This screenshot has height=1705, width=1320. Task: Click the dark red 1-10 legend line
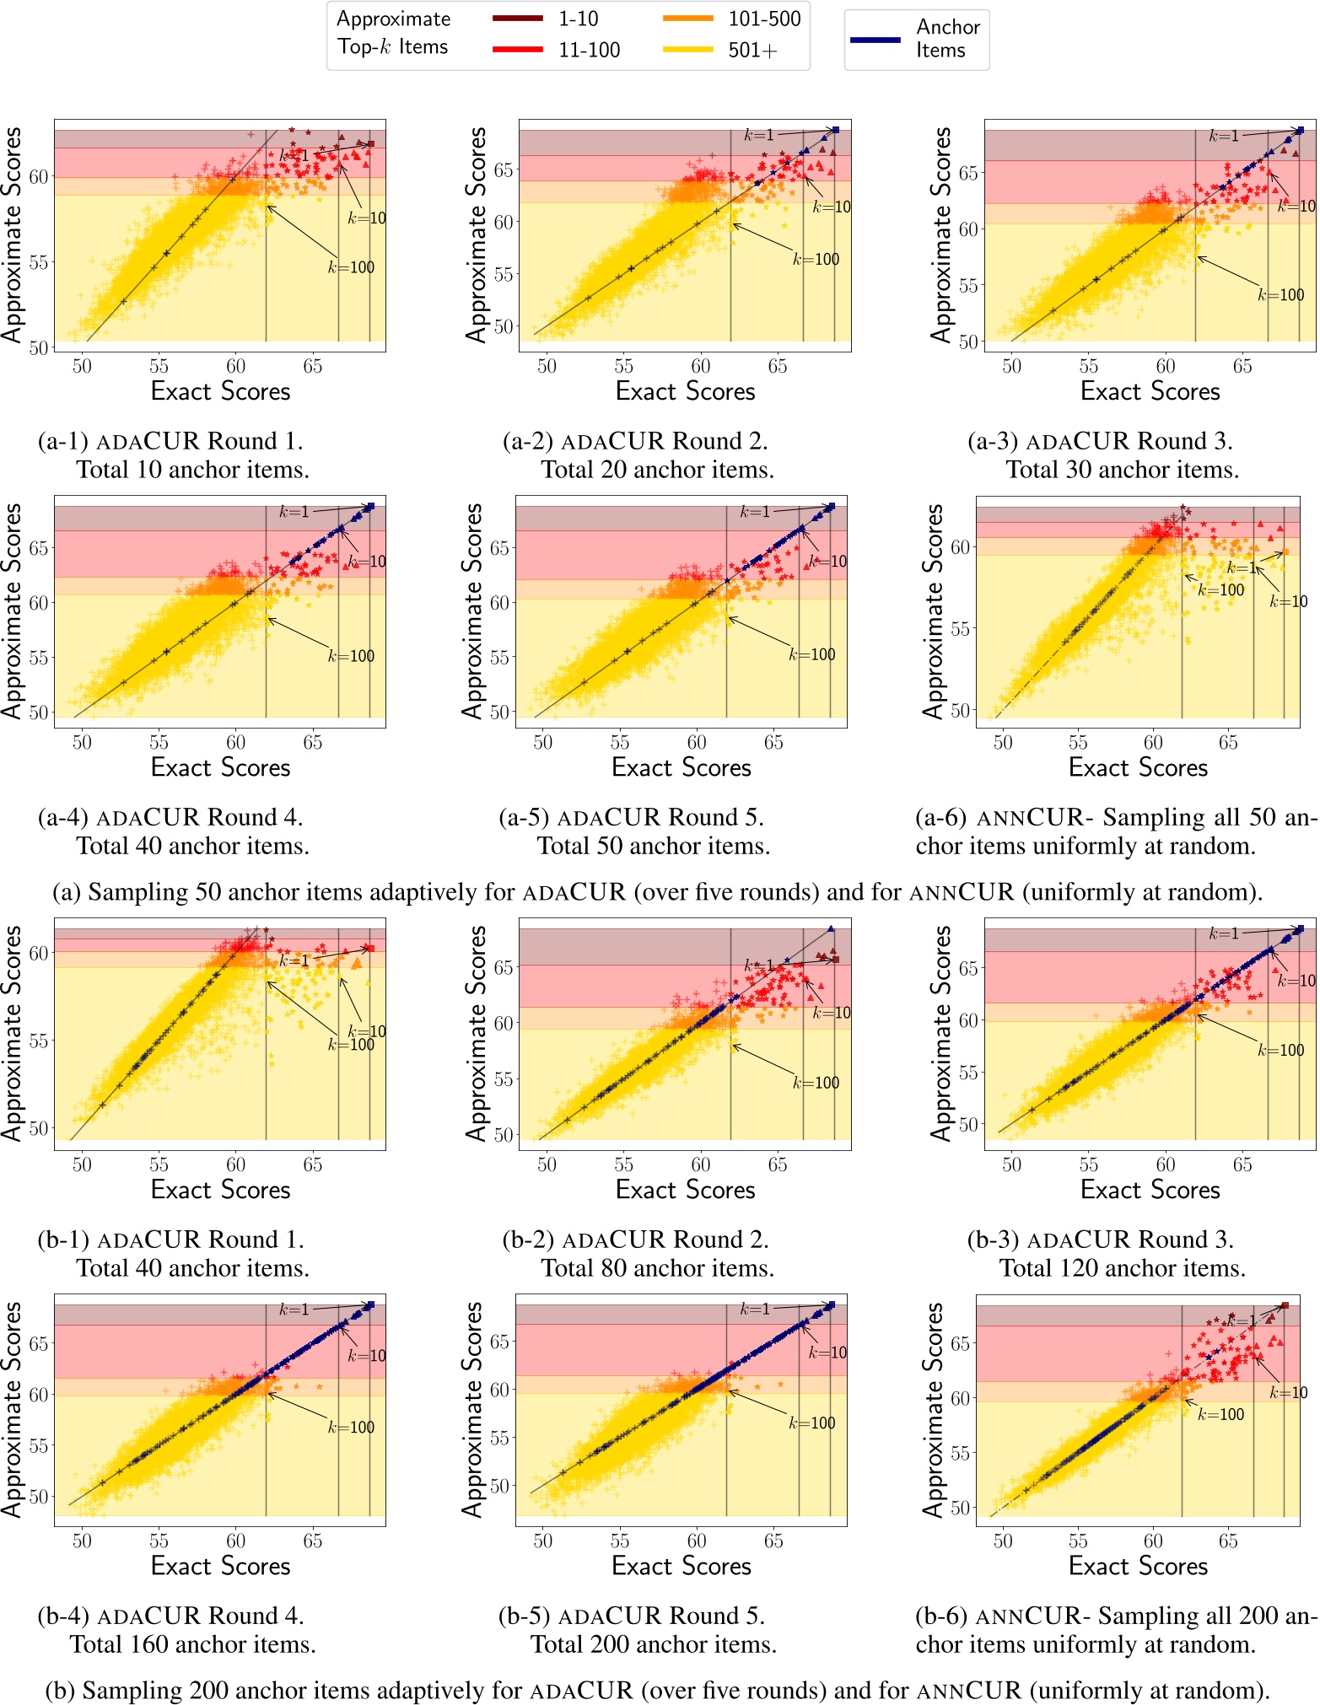click(517, 19)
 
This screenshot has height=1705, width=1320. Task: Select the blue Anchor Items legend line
click(876, 40)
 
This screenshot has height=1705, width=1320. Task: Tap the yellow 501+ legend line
click(687, 51)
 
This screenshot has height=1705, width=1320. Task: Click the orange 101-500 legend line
click(687, 19)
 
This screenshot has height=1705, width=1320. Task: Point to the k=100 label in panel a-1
click(351, 268)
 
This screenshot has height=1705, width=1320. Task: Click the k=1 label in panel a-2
click(758, 135)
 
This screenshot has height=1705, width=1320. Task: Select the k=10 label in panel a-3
click(1296, 207)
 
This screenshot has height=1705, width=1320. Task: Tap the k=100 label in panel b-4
click(351, 1428)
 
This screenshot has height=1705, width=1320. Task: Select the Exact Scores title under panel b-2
click(685, 1190)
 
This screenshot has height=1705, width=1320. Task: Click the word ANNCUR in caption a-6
click(1029, 818)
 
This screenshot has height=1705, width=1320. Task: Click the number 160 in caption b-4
click(164, 1644)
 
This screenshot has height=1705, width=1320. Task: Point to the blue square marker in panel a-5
click(832, 507)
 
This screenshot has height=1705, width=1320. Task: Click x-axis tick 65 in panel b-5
click(773, 1541)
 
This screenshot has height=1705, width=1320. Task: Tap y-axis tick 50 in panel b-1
click(39, 1128)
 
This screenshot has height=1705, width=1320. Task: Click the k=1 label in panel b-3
click(1224, 933)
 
